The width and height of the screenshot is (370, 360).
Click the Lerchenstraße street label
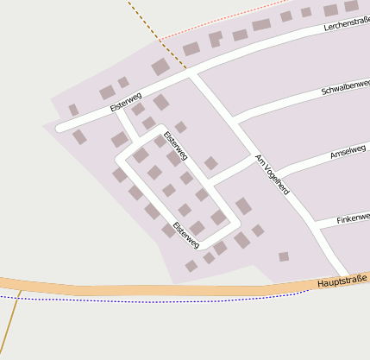coord(346,27)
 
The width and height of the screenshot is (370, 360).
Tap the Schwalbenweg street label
coord(345,87)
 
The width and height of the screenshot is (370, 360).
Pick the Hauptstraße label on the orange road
coord(342,281)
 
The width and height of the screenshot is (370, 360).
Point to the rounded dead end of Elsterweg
coord(61,128)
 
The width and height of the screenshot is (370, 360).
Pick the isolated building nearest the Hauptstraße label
coord(284,256)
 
